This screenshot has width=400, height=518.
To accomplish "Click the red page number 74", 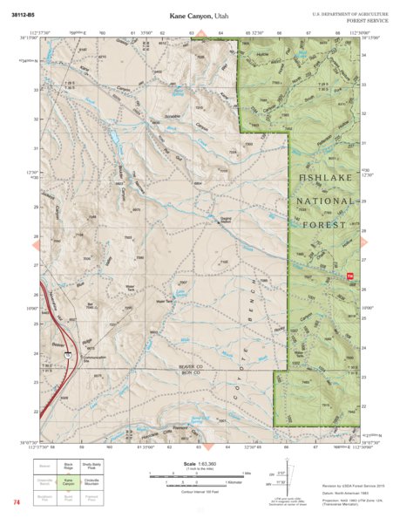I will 17,502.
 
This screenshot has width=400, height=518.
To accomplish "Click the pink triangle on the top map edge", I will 200,34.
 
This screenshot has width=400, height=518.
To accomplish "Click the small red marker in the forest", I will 350,276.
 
